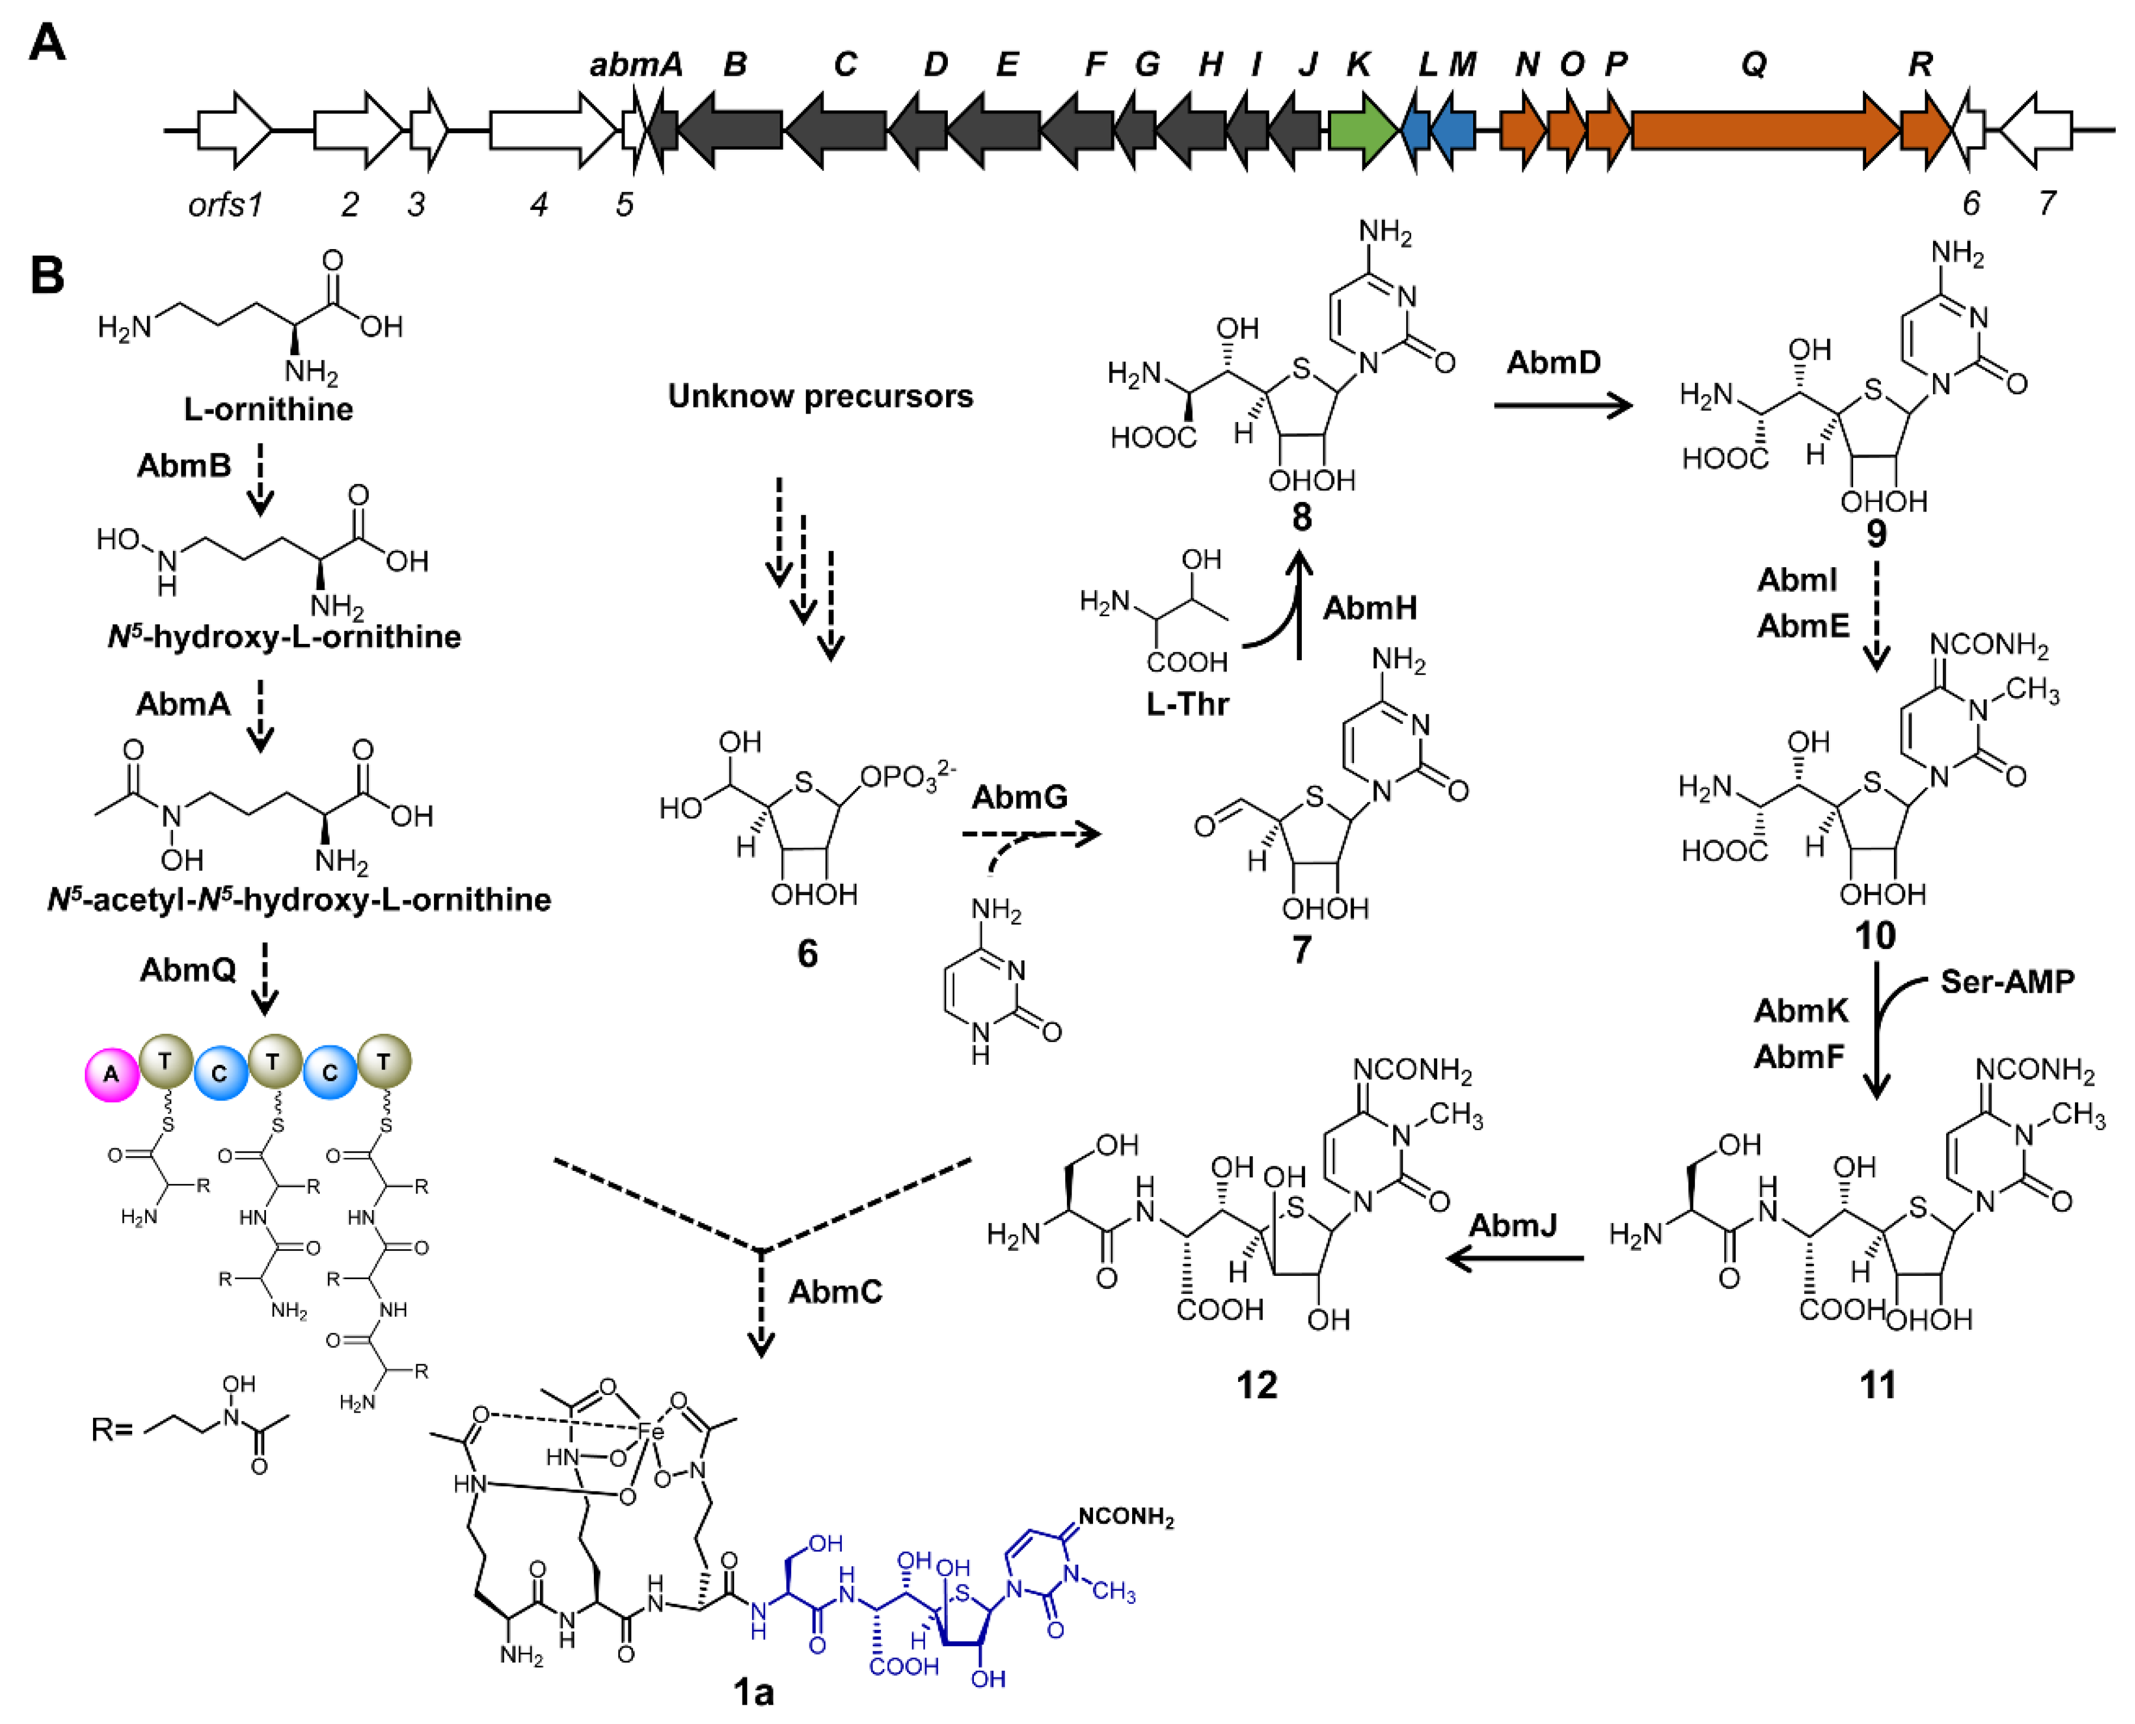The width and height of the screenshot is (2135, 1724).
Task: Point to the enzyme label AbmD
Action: (1553, 362)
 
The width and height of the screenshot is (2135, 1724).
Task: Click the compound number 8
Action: (1301, 519)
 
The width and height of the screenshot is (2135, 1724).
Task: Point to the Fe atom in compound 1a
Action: (651, 1431)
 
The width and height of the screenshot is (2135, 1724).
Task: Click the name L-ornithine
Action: (268, 409)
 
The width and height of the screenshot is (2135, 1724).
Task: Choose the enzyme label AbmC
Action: (835, 1292)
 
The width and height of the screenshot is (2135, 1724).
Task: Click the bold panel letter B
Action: (48, 276)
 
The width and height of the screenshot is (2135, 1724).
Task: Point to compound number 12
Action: (1256, 1384)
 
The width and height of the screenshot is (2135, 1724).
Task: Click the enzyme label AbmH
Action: (1369, 608)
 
